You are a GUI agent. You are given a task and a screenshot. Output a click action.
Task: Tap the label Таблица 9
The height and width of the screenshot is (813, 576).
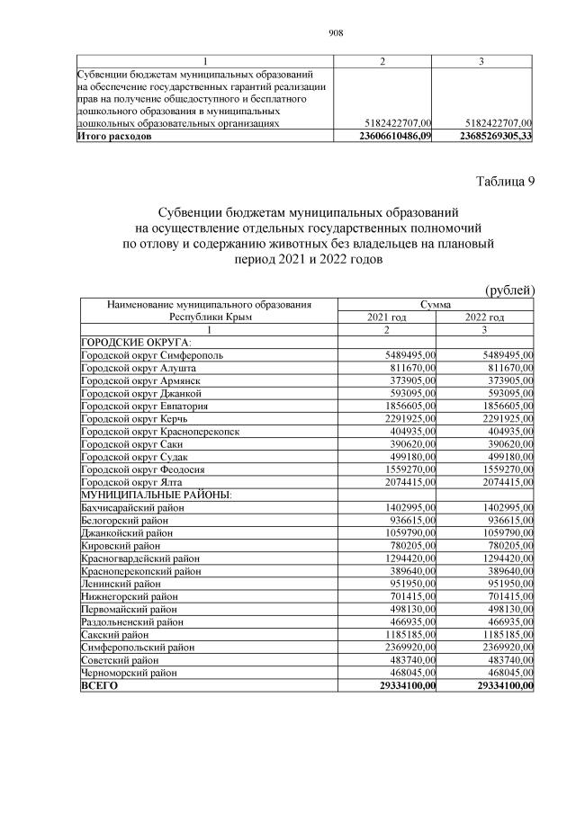[505, 183]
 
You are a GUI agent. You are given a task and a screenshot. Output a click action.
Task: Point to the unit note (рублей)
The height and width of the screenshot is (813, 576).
[509, 290]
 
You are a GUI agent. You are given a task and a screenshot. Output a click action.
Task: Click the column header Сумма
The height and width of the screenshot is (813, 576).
[436, 305]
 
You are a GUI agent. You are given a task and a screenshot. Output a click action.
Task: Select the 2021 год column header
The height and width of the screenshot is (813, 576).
[387, 317]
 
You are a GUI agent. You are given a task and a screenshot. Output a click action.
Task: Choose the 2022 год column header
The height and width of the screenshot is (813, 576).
[485, 317]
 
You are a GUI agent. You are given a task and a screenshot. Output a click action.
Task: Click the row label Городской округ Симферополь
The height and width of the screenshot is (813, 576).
[147, 355]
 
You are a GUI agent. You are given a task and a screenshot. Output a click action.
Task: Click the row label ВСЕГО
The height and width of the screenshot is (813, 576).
[99, 685]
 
